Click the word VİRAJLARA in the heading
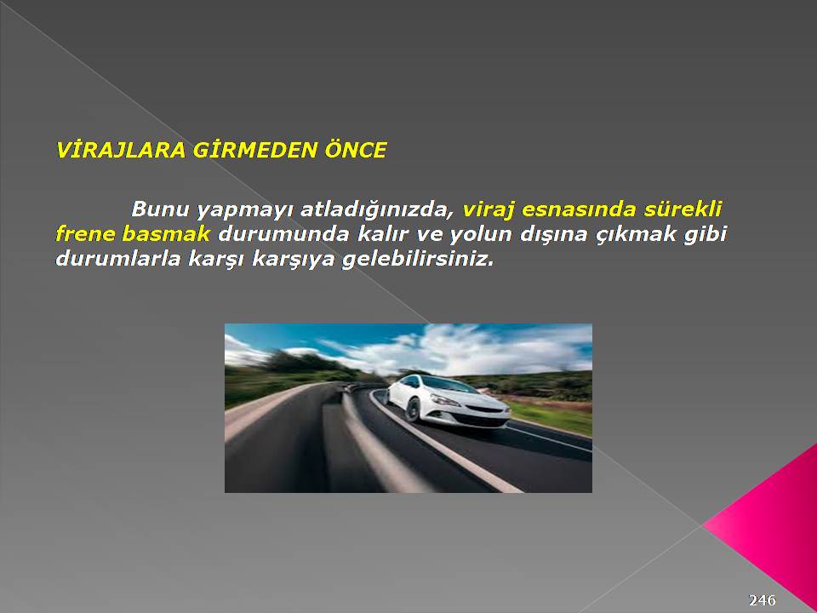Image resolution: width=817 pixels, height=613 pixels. click(120, 150)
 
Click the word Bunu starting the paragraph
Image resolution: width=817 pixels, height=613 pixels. click(160, 209)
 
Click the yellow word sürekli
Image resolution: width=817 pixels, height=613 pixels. click(683, 209)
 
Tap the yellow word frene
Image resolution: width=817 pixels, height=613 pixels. click(85, 233)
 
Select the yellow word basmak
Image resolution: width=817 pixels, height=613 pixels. click(166, 233)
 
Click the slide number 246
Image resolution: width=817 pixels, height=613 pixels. click(763, 600)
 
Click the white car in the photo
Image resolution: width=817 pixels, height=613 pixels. click(447, 400)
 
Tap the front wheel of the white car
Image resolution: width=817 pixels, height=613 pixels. click(413, 410)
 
